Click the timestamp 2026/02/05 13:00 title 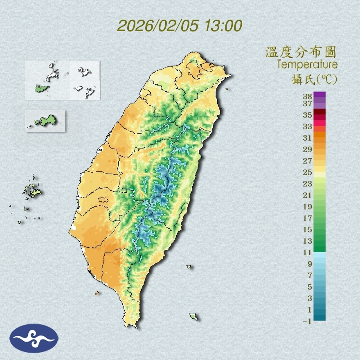coord(180,26)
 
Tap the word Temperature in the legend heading coord(307,65)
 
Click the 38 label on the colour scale coord(307,97)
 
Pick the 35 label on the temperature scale coord(307,115)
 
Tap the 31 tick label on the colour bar coord(307,138)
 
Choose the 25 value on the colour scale coord(307,172)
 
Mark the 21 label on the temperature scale coord(307,195)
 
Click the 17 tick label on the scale coord(307,218)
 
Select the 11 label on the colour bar coord(307,253)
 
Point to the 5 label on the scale coord(310,287)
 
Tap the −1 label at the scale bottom coord(307,322)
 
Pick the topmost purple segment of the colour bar coord(319,94)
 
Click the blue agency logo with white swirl coord(34,338)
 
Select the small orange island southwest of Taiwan coord(97,293)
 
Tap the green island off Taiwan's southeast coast coord(194,317)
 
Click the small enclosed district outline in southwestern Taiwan coord(103,200)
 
